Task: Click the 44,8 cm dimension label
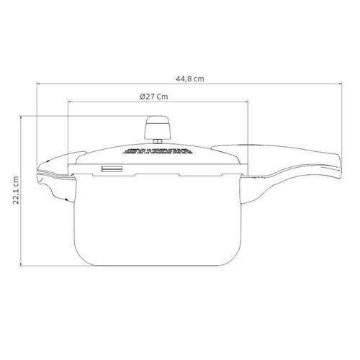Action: coord(190,78)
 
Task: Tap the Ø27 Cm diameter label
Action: coord(154,96)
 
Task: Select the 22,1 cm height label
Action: coord(16,190)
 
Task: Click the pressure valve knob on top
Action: coord(158,127)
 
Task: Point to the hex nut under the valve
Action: coord(157,141)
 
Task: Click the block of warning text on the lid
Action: coord(158,151)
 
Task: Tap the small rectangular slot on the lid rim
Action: coord(112,169)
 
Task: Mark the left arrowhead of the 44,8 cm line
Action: coord(38,84)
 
